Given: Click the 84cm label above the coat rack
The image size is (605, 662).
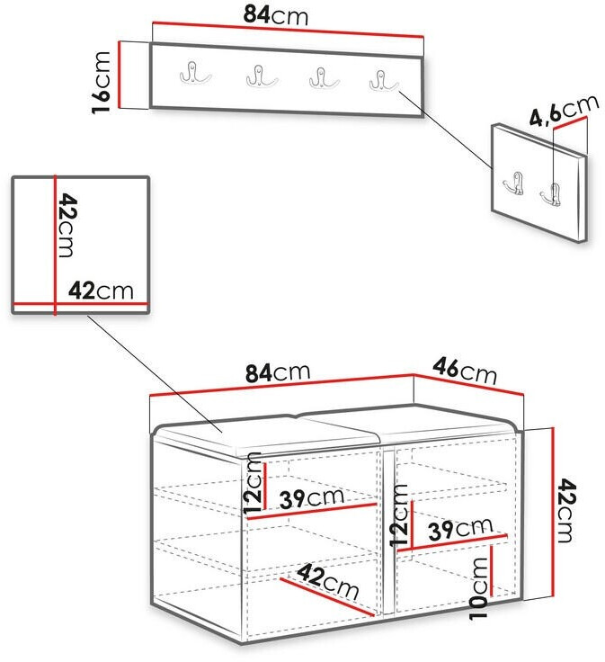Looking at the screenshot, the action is tap(276, 15).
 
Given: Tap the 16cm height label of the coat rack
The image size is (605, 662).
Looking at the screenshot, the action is tap(102, 83).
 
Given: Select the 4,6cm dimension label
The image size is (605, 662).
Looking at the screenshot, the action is tap(564, 111).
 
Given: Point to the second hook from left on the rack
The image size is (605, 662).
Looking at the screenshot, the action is tap(262, 76).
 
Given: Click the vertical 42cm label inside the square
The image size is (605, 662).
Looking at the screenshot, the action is tap(67, 225).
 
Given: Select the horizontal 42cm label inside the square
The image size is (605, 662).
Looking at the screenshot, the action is tap(101, 291).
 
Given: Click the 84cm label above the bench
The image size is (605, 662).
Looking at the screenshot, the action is tap(278, 372).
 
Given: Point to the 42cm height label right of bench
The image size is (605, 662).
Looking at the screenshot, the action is tap(565, 510).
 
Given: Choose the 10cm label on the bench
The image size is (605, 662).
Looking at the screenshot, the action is tap(479, 587).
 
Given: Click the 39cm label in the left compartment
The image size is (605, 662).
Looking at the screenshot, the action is tap(312, 498).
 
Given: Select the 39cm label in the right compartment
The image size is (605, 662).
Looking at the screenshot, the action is tap(460, 529).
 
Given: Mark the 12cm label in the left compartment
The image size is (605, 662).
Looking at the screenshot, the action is tap(253, 483).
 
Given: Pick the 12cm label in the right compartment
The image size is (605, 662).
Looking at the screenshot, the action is tap(399, 515).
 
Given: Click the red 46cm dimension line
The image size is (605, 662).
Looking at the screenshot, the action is tap(468, 385).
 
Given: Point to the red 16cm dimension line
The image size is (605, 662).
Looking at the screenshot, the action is tap(120, 75).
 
